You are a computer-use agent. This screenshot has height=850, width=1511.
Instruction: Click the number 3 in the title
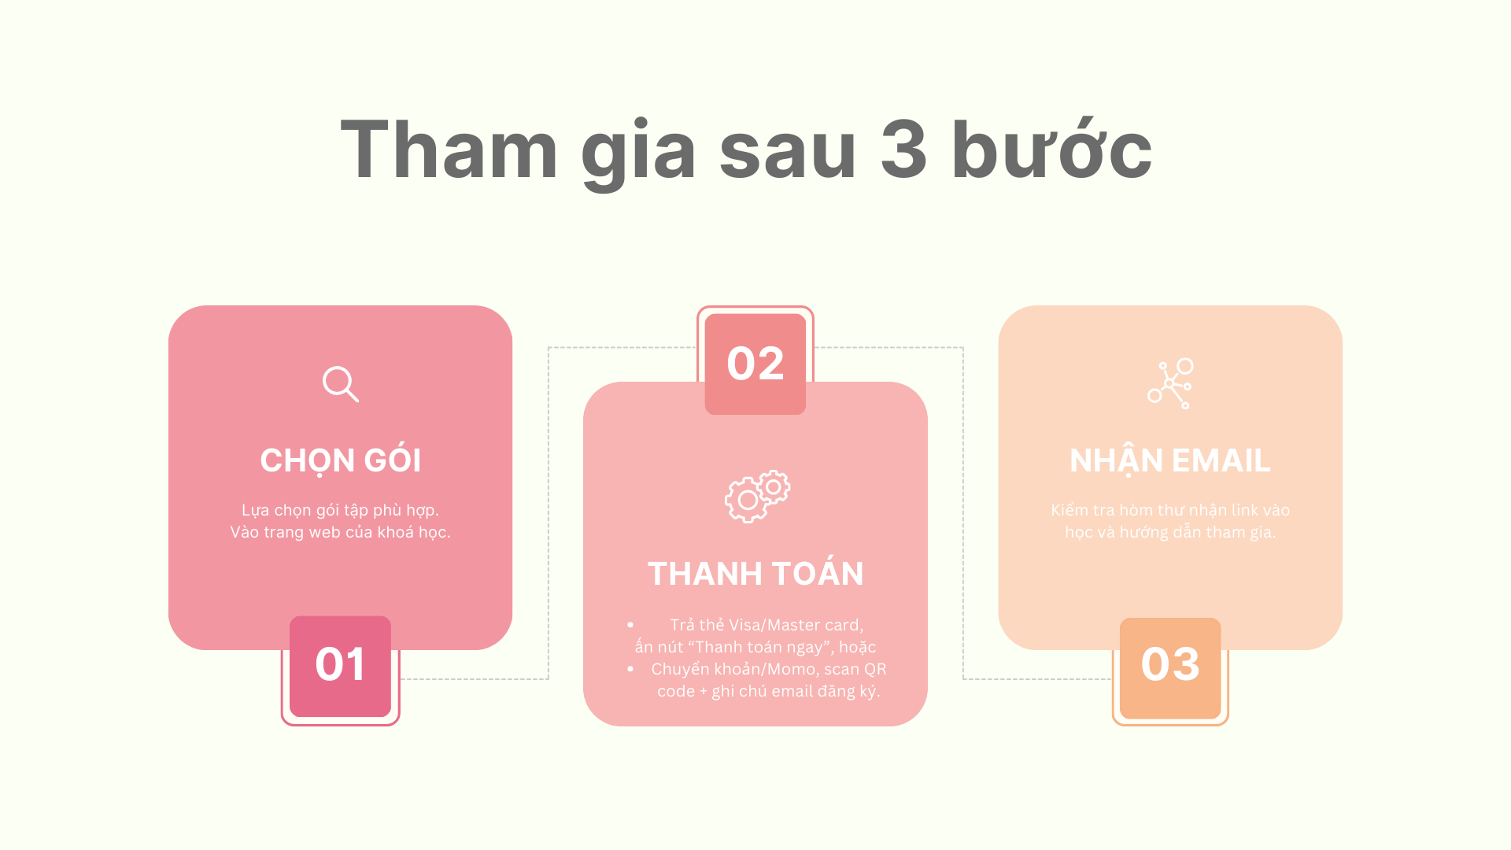pyautogui.click(x=903, y=150)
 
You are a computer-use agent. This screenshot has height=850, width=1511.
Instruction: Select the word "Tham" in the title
pyautogui.click(x=449, y=149)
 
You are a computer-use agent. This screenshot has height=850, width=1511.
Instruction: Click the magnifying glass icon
pyautogui.click(x=341, y=384)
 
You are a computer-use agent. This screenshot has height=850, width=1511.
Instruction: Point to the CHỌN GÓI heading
pyautogui.click(x=341, y=460)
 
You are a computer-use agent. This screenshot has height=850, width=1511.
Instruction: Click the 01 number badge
pyautogui.click(x=341, y=666)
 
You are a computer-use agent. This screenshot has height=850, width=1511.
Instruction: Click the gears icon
pyautogui.click(x=757, y=497)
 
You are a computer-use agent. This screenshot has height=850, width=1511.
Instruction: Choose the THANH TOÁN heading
pyautogui.click(x=755, y=574)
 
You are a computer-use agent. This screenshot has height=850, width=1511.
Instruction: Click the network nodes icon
pyautogui.click(x=1170, y=383)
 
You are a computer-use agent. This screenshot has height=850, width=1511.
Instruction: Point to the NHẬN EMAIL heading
pyautogui.click(x=1170, y=461)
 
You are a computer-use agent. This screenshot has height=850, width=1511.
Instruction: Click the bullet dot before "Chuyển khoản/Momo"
pyautogui.click(x=630, y=669)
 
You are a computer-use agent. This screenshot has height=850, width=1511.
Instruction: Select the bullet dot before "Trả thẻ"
pyautogui.click(x=630, y=625)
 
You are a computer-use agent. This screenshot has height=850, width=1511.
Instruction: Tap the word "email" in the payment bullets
pyautogui.click(x=792, y=691)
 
